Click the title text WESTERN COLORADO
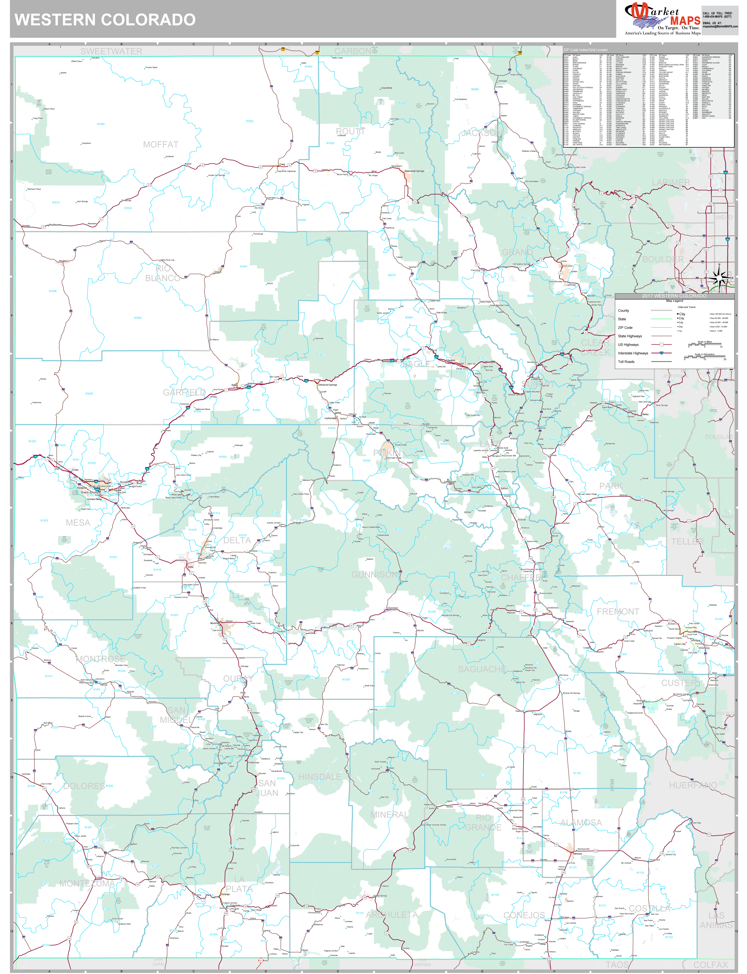(x=105, y=20)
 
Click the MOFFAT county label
(x=161, y=145)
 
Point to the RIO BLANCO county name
(x=163, y=273)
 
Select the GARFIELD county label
(x=184, y=392)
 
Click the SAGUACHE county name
(x=482, y=669)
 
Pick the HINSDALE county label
(x=320, y=777)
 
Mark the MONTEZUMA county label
(x=87, y=883)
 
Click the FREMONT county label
(x=618, y=611)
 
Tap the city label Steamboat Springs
(x=414, y=171)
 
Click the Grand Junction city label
(x=90, y=492)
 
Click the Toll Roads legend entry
(x=626, y=361)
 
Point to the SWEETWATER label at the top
(x=111, y=51)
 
